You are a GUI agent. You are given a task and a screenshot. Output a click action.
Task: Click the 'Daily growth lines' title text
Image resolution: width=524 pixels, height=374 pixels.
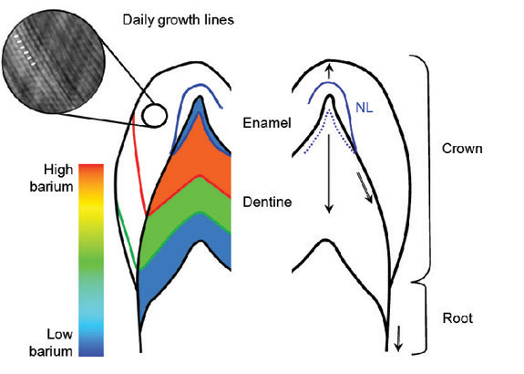tap(178, 20)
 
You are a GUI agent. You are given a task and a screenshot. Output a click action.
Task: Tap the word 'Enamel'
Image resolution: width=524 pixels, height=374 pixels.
tap(267, 123)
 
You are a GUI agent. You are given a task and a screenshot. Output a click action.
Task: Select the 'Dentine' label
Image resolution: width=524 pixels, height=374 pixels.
tap(267, 203)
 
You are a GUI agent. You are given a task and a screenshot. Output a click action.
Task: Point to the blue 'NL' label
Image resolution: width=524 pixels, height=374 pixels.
tap(364, 108)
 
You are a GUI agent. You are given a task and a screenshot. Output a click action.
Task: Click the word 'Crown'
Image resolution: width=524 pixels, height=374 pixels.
tap(462, 149)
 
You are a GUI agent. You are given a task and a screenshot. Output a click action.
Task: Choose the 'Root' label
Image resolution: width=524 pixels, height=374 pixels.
tap(457, 317)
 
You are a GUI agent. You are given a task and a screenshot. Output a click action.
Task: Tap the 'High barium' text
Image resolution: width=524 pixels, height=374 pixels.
tap(51, 178)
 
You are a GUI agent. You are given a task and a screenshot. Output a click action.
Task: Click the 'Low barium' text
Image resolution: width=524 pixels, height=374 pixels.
tap(51, 343)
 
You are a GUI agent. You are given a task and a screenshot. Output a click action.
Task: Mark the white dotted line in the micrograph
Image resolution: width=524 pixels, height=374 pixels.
tap(26, 50)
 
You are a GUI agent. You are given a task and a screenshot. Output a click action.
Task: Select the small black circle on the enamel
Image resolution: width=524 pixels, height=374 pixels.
tap(154, 115)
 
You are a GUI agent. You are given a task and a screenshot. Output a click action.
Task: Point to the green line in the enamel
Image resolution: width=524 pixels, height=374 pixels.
tap(128, 236)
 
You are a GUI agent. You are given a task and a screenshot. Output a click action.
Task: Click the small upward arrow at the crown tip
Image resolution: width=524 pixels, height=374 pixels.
tap(330, 70)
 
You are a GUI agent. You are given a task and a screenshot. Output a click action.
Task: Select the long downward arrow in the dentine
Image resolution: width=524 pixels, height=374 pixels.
tap(329, 173)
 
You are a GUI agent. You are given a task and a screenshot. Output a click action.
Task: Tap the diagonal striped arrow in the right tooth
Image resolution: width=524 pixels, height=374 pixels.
tap(365, 187)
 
